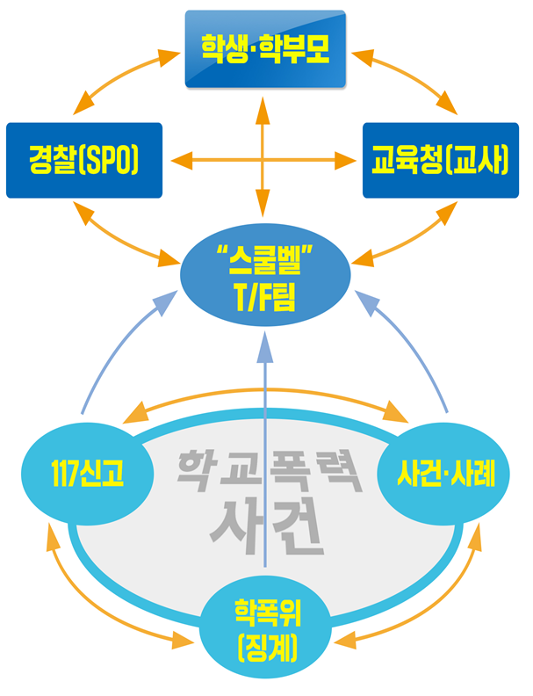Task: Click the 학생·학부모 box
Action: [x=264, y=48]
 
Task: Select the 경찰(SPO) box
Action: [x=84, y=160]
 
